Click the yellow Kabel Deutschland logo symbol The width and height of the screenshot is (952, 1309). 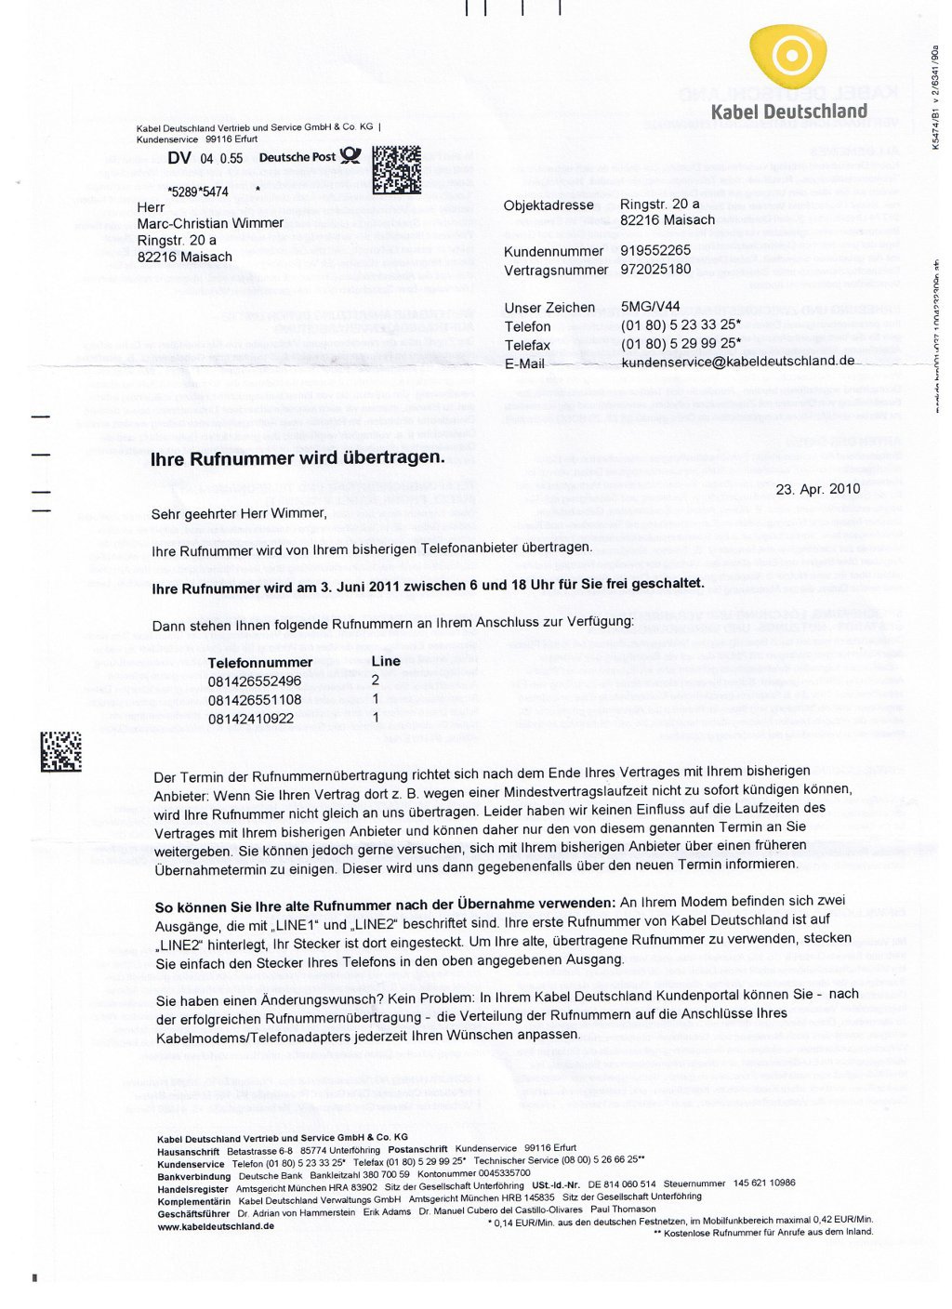[x=789, y=58]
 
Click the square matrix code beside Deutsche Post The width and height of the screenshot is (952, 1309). [x=396, y=169]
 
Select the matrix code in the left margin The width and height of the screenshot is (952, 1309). [x=60, y=751]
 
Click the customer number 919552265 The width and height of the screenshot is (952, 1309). [x=655, y=250]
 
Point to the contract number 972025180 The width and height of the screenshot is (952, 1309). [x=655, y=269]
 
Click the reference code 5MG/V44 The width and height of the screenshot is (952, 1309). [x=650, y=306]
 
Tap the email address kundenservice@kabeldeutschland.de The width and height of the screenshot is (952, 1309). [x=737, y=361]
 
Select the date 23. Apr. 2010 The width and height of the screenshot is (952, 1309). [x=817, y=489]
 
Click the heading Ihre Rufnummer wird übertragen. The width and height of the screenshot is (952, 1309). [x=297, y=457]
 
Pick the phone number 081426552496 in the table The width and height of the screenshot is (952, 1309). [x=254, y=681]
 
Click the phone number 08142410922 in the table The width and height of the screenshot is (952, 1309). [x=250, y=718]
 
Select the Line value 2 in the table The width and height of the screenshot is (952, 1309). [x=375, y=681]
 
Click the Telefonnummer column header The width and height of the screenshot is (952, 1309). [x=259, y=662]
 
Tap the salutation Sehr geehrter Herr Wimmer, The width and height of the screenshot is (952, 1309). [x=239, y=513]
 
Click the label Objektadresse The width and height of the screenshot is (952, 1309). [x=549, y=205]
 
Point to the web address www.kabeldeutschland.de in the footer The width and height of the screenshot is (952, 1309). [x=216, y=1226]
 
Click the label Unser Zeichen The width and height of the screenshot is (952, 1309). [x=549, y=308]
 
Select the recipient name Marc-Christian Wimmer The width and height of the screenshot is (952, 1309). [x=210, y=223]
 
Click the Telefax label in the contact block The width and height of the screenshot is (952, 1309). [x=527, y=345]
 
